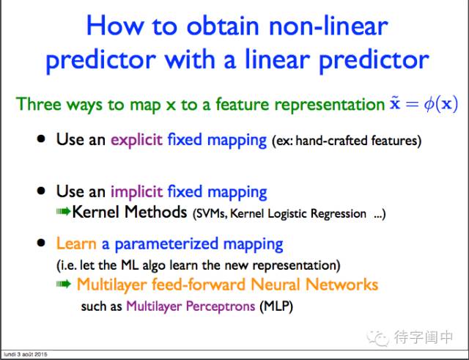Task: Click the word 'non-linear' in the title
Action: (x=328, y=26)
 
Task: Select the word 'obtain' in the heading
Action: (x=223, y=26)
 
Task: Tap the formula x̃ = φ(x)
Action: (x=424, y=105)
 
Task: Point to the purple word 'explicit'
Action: (x=137, y=140)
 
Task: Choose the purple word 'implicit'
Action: (x=137, y=192)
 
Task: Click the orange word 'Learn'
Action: (x=76, y=243)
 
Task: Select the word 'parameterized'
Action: (x=166, y=244)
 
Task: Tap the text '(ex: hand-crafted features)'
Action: (x=347, y=141)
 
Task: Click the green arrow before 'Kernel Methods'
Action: (x=64, y=212)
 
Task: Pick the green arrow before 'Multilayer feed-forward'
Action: (x=64, y=284)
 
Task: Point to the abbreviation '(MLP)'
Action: (x=276, y=306)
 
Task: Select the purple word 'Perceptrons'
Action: (x=221, y=306)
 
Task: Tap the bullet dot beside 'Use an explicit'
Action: (x=41, y=139)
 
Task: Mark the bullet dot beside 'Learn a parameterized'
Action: (x=41, y=243)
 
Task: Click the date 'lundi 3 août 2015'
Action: (x=26, y=354)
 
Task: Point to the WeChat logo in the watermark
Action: (x=378, y=337)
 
